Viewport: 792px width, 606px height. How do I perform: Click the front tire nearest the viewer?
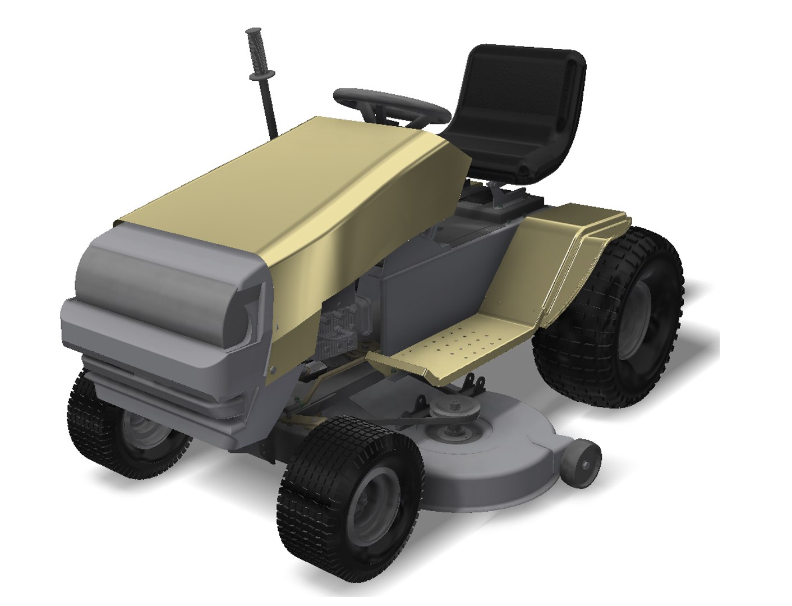(348, 494)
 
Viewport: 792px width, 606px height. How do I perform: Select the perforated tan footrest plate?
(460, 342)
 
